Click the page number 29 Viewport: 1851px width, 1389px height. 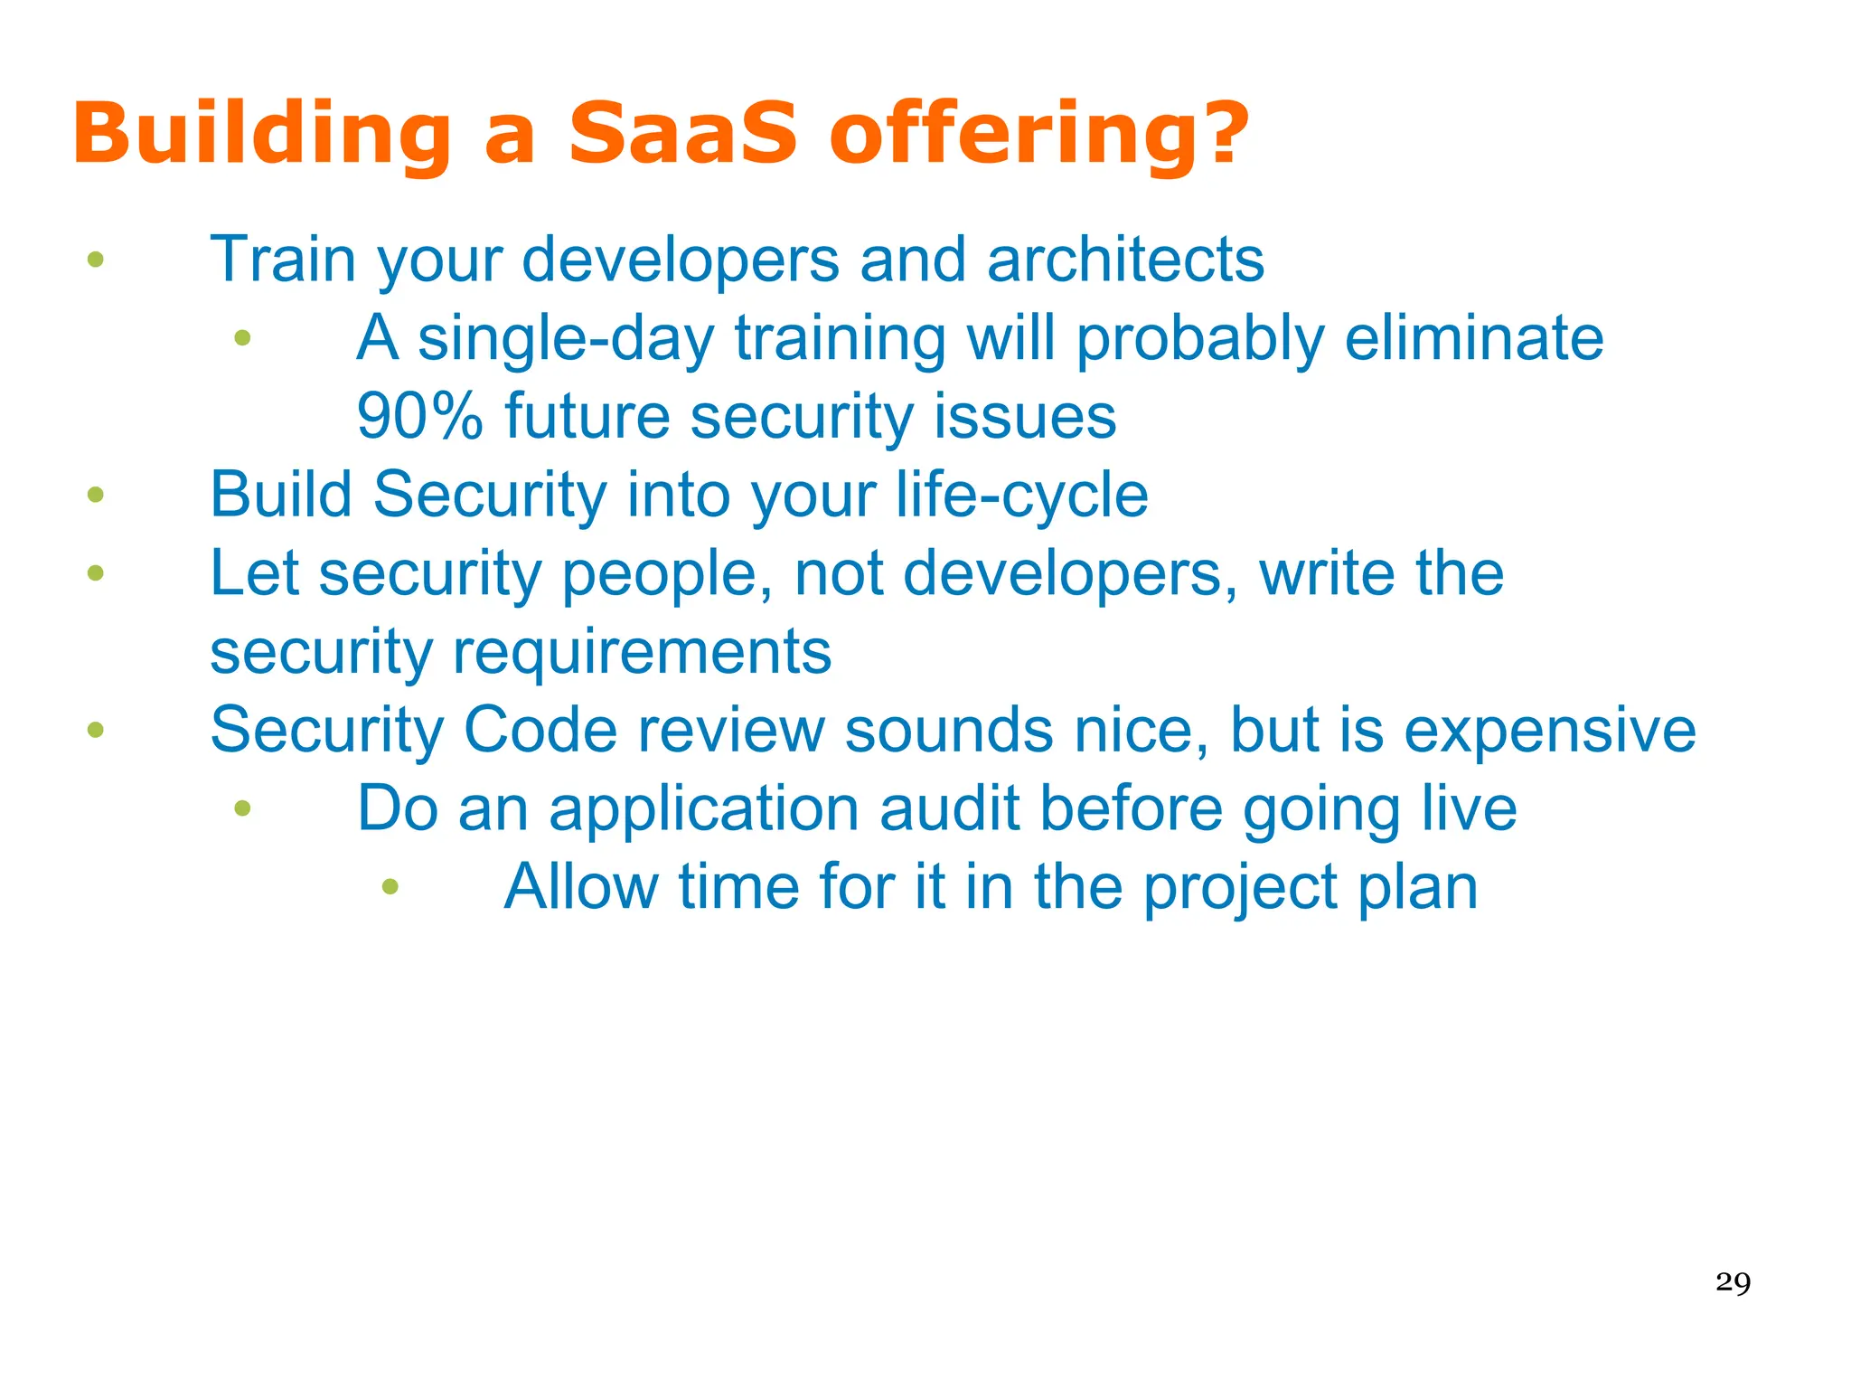[x=1733, y=1282]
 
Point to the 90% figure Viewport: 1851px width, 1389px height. [x=419, y=417]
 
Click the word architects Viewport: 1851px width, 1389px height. [x=1125, y=260]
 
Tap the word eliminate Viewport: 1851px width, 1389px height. [x=1473, y=338]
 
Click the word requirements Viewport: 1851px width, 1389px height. [x=641, y=652]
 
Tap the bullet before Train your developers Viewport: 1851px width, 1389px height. [x=96, y=260]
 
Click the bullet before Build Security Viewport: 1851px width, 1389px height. [x=96, y=495]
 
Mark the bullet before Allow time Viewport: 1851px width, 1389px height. [x=390, y=887]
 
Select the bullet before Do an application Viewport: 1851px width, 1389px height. [x=242, y=808]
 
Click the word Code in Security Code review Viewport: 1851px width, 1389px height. [x=540, y=730]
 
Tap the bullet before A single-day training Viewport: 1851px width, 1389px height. [x=242, y=338]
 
